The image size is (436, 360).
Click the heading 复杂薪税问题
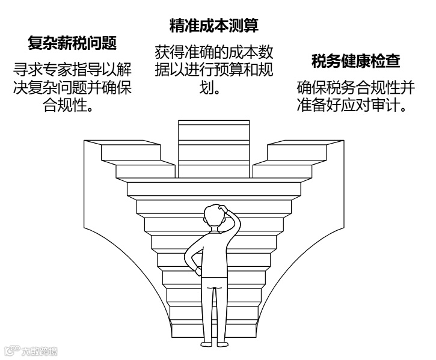click(x=72, y=43)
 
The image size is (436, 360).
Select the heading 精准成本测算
click(x=214, y=26)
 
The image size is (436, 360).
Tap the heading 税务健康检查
click(x=356, y=61)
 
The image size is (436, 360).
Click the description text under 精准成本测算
click(x=214, y=69)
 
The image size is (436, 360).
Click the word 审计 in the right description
click(x=388, y=107)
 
